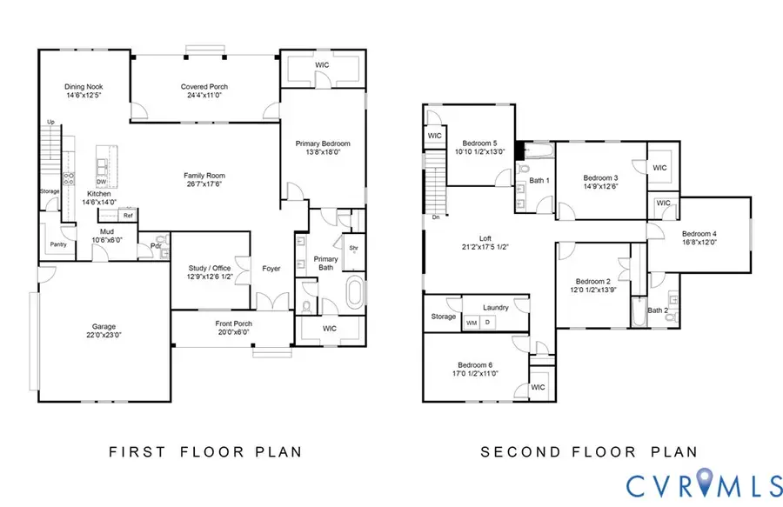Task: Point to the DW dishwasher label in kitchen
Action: pyautogui.click(x=102, y=182)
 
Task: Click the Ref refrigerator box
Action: pyautogui.click(x=127, y=216)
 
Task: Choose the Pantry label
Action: pyautogui.click(x=59, y=245)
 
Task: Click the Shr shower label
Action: pyautogui.click(x=354, y=247)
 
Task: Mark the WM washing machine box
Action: pyautogui.click(x=472, y=323)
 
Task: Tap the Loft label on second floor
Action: pyautogui.click(x=486, y=237)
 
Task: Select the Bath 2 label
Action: pyautogui.click(x=658, y=310)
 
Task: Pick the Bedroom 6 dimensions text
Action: pyautogui.click(x=475, y=374)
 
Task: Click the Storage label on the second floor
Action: pyautogui.click(x=443, y=317)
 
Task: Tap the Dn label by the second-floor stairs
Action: pyautogui.click(x=435, y=217)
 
